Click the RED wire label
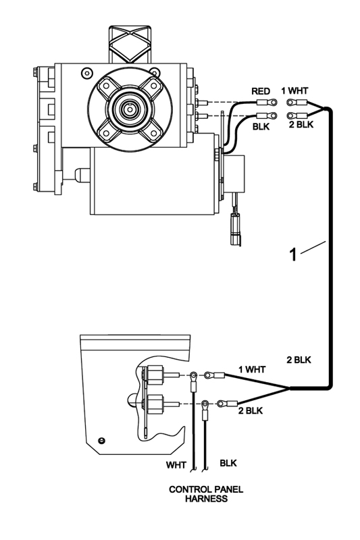coord(261,91)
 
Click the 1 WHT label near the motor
coord(294,91)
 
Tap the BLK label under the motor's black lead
coord(261,127)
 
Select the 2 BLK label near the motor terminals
coord(301,124)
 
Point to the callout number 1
coord(292,255)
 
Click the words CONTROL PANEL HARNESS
coord(206,494)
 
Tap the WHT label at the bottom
coord(176,465)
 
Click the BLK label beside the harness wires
coord(228,463)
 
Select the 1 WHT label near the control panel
coord(252,369)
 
